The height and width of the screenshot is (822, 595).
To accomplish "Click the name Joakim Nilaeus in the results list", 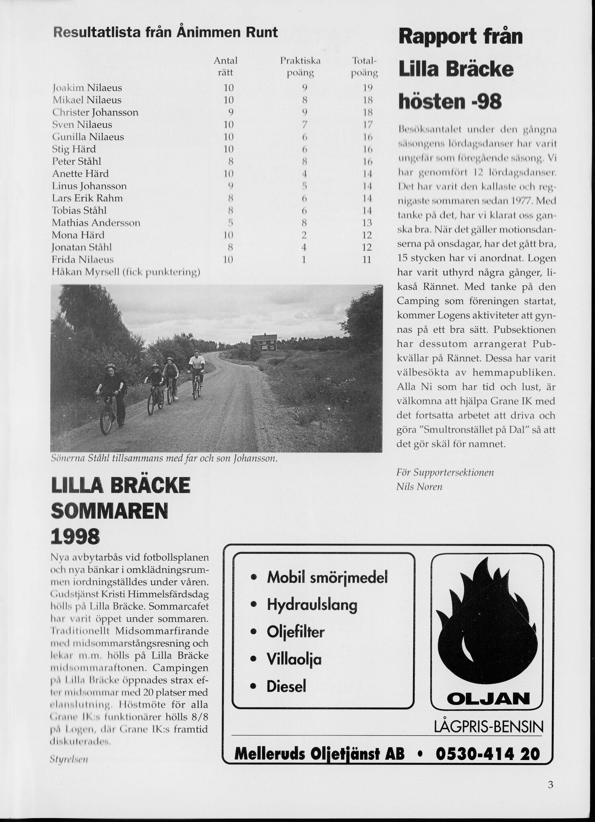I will point(87,87).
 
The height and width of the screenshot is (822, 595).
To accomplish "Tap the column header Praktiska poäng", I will point(300,67).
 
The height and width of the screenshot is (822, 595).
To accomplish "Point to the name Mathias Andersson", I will point(96,223).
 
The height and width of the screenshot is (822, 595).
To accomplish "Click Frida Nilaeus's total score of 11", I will point(367,260).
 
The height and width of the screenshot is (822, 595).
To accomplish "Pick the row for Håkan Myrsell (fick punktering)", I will point(126,272).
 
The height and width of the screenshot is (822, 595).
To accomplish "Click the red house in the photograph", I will point(263,342).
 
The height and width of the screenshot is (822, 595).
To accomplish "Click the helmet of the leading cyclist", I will point(111,367).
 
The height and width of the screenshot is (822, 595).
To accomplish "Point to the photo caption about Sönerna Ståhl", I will point(164,458).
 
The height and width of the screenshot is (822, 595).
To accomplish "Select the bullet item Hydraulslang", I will point(312,604).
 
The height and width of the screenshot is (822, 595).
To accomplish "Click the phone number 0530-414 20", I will point(487,753).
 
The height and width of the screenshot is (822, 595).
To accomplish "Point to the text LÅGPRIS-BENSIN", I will point(489,726).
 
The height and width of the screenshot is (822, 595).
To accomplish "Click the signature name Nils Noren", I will point(419,487).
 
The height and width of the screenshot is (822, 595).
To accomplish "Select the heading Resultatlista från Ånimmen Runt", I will point(165,32).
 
